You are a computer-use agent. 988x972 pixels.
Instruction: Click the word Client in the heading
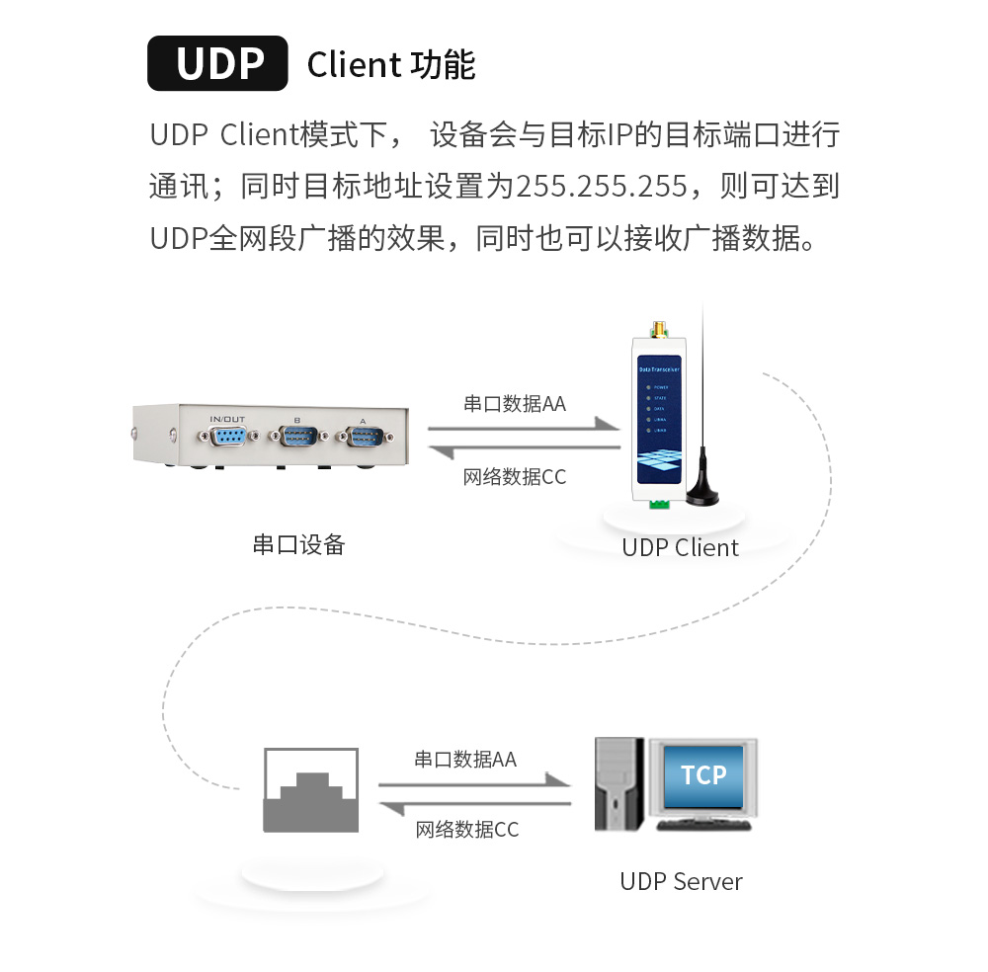[353, 65]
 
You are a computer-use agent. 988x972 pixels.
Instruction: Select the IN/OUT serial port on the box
[227, 437]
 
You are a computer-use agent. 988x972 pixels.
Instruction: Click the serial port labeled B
[296, 437]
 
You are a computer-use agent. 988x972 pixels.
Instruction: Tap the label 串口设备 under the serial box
[298, 544]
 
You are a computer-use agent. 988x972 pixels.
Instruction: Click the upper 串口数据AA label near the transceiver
[515, 404]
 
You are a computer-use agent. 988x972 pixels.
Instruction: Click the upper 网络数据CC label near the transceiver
[515, 477]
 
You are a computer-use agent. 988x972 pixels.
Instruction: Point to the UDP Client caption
[680, 547]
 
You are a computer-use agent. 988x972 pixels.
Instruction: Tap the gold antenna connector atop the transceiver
[655, 329]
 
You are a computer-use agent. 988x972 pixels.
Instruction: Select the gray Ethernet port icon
[310, 790]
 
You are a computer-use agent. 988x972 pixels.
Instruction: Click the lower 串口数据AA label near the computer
[464, 760]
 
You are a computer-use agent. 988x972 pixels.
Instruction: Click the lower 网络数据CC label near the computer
[466, 830]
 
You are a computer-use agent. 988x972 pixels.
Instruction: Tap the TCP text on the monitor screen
[703, 775]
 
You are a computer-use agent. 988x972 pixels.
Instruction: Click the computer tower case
[618, 785]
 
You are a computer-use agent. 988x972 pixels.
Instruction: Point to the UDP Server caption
[681, 881]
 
